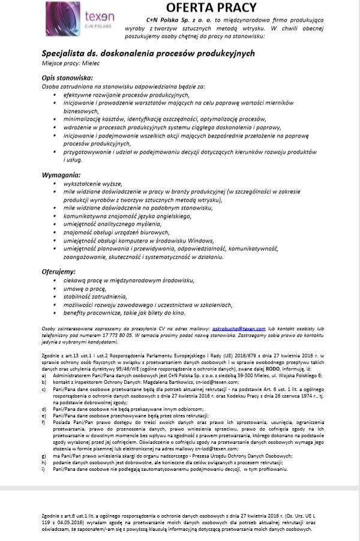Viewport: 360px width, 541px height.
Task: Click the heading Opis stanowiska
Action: click(67, 79)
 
